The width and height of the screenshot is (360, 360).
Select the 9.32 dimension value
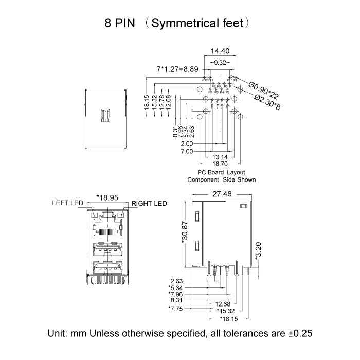[220, 62]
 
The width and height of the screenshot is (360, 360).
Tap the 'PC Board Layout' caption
[221, 172]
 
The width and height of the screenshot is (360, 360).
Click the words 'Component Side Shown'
[221, 180]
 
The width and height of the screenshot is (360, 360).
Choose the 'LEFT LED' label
[67, 204]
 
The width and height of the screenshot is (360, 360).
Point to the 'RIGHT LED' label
[149, 204]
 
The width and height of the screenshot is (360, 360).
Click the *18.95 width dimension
[107, 197]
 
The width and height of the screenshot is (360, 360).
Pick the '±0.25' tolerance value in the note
[298, 333]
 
